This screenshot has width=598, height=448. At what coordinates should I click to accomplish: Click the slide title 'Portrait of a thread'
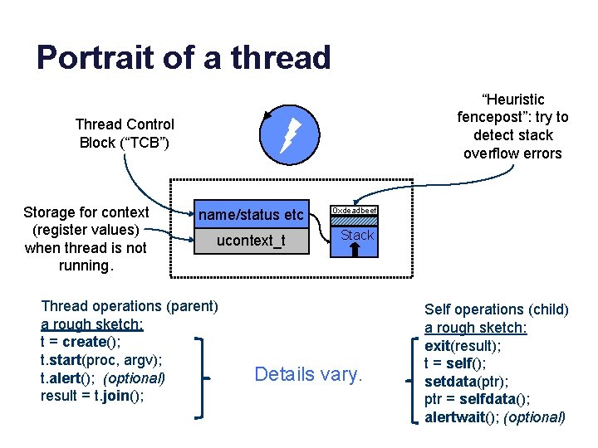point(184,58)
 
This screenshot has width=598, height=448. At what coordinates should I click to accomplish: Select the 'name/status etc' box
point(250,215)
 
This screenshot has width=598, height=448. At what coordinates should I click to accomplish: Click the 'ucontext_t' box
point(250,241)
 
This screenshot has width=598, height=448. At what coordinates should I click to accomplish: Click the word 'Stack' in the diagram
point(357,235)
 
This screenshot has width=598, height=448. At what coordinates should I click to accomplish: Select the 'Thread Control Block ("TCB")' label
point(125,134)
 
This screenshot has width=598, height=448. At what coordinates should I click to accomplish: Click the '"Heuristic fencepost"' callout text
point(512,126)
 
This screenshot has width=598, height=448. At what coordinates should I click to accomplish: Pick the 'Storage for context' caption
point(86,239)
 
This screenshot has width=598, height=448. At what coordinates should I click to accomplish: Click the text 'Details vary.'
point(308,374)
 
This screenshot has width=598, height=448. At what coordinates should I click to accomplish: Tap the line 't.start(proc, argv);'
point(101,359)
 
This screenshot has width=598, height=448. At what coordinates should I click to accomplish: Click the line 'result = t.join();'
point(91,395)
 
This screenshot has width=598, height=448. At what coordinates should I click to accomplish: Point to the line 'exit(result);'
point(463,345)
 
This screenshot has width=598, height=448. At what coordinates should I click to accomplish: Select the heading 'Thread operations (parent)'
point(129,306)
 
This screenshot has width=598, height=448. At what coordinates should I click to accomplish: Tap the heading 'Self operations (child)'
point(496,309)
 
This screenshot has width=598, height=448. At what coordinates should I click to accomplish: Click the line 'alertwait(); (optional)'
point(494,417)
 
